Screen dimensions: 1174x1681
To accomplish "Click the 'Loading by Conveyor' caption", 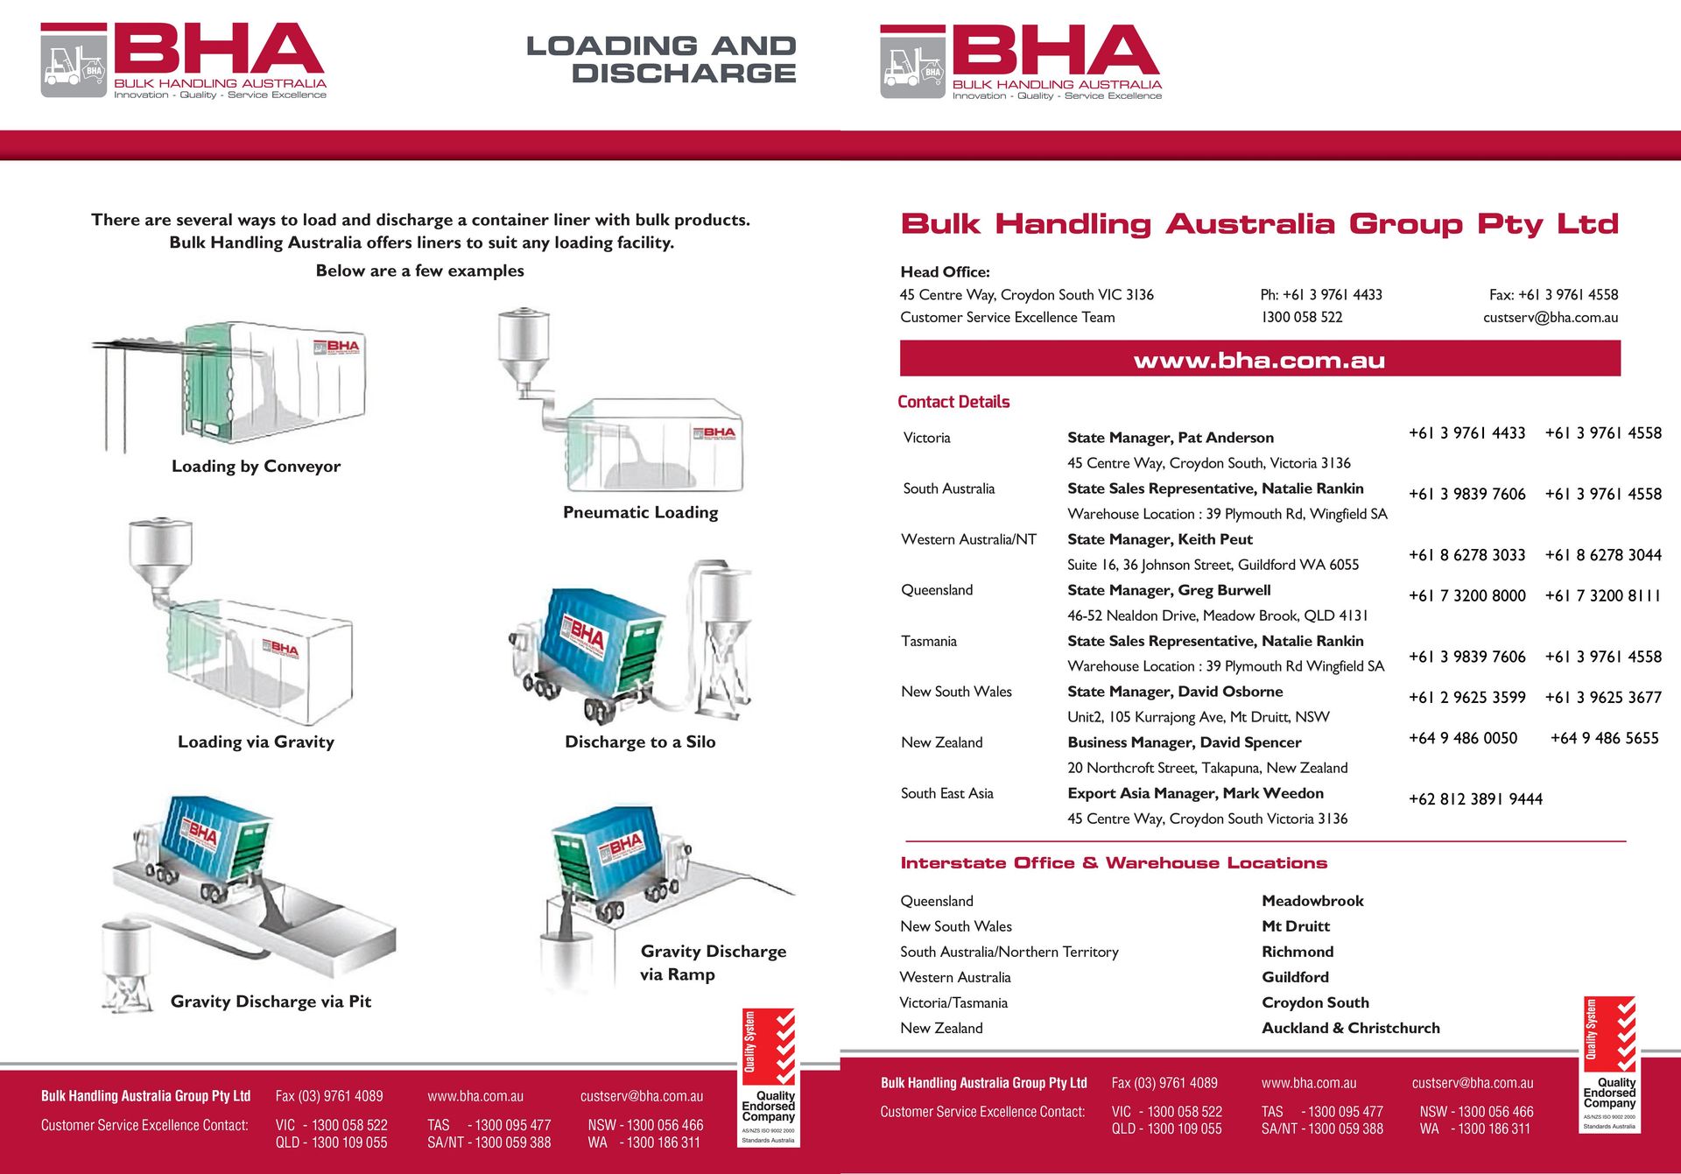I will point(256,467).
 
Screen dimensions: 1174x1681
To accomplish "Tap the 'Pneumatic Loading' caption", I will point(640,512).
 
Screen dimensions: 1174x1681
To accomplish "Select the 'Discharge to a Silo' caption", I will point(640,742).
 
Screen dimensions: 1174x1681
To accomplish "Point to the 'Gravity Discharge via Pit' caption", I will point(271,1002).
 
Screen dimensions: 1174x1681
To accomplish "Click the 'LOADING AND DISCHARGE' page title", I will point(661,59).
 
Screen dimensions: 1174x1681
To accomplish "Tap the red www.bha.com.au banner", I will point(1259,360).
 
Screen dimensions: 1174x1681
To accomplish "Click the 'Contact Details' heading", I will point(953,402).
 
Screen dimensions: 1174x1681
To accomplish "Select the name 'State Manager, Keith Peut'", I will point(1160,539).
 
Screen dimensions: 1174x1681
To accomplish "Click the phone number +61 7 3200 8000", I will point(1466,596).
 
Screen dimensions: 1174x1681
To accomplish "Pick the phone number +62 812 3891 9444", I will point(1475,799).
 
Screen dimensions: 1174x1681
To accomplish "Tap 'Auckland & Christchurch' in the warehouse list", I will point(1350,1029).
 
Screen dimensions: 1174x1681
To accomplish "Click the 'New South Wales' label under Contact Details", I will point(956,692).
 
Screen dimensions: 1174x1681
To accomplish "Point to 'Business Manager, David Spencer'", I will point(1184,742).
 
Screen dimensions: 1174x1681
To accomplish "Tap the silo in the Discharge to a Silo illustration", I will point(726,630).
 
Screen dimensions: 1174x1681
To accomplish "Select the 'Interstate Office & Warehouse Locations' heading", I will point(1114,863).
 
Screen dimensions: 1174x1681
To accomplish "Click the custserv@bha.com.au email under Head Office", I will point(1550,318).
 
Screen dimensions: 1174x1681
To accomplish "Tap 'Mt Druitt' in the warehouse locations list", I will point(1295,926).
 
